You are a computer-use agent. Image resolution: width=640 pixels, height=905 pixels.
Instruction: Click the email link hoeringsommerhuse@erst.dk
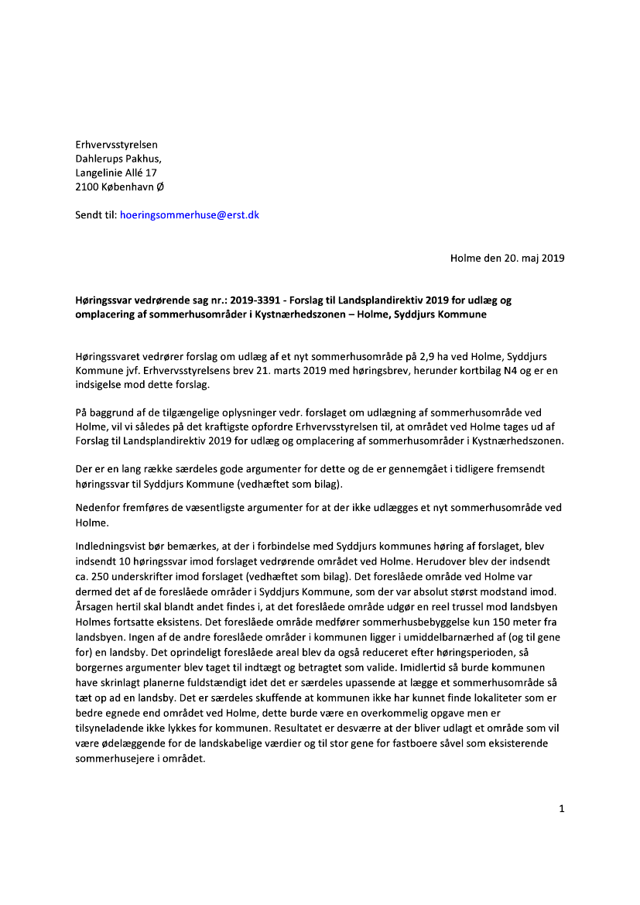190,214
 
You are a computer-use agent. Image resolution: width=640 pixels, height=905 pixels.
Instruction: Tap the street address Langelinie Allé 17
116,173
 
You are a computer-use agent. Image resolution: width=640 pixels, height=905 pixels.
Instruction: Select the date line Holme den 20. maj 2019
507,258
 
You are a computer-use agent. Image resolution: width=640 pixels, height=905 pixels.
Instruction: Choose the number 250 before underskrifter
101,574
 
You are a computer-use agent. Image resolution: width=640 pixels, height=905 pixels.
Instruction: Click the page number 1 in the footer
561,809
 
